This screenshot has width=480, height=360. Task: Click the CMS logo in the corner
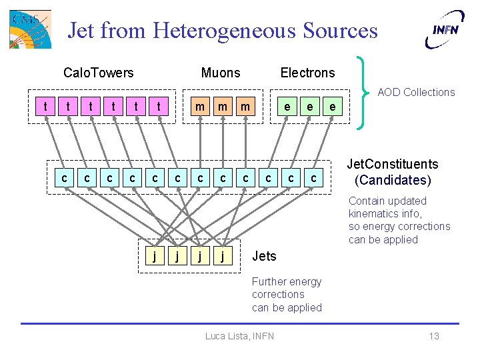coord(31,29)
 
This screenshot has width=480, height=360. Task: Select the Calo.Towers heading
coord(98,73)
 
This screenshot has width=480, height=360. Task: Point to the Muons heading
coord(221,73)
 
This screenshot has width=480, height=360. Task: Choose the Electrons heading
coord(307,73)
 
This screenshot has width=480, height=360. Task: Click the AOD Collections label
coord(416,92)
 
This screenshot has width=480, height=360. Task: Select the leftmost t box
coord(45,106)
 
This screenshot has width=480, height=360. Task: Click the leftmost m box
coord(199,106)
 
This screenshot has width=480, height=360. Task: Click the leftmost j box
coord(155,255)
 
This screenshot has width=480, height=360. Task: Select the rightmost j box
coord(223,255)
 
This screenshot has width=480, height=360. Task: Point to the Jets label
coord(264,256)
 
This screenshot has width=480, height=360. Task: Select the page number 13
coord(434,336)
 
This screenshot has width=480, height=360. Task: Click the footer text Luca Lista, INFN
coord(239,336)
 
